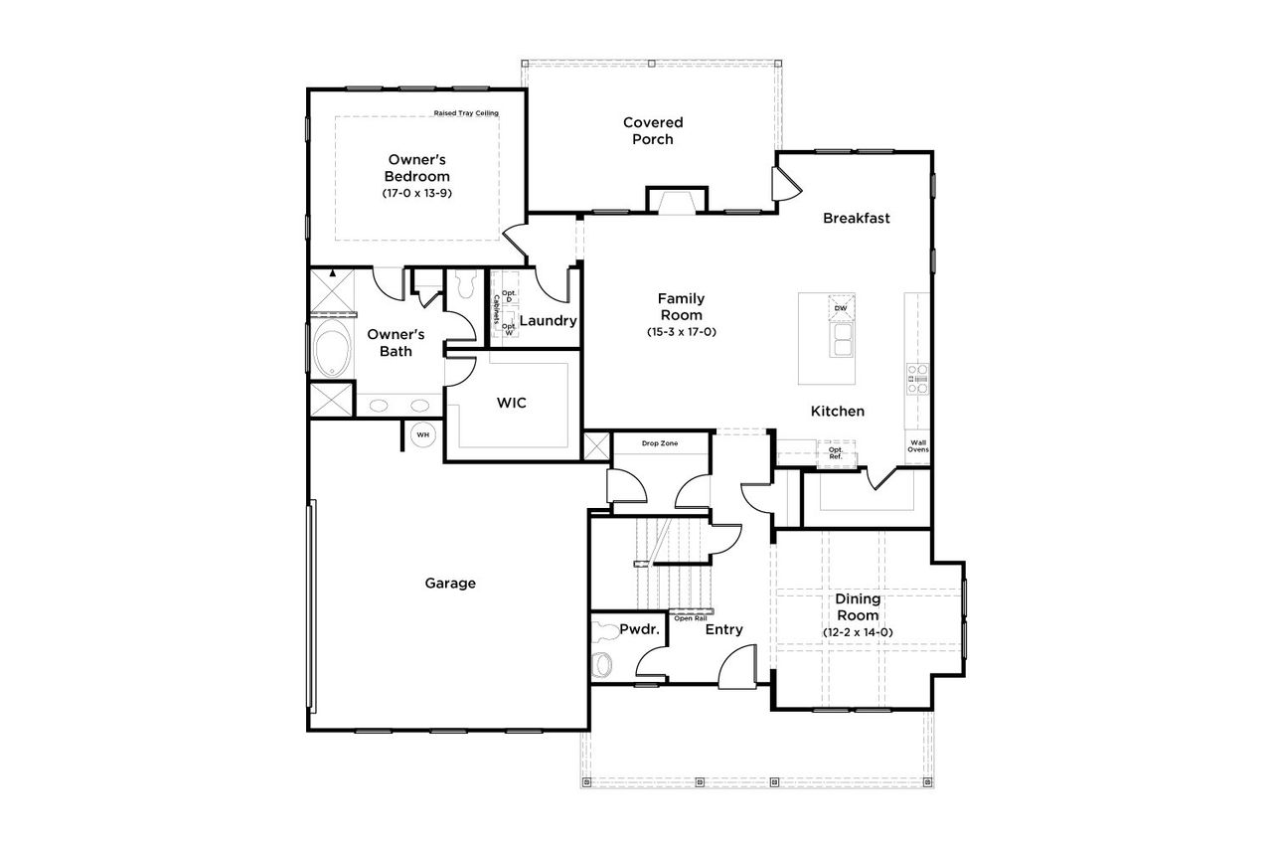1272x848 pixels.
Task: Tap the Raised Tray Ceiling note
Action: click(x=465, y=113)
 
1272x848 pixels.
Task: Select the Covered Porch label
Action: click(x=653, y=130)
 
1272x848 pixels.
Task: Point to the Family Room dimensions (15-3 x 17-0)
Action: click(x=681, y=332)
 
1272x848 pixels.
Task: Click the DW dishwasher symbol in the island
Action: click(x=841, y=308)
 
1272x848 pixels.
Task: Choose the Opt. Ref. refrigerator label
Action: click(x=836, y=452)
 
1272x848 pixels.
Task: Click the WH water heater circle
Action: click(x=422, y=434)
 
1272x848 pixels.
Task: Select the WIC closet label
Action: click(x=511, y=403)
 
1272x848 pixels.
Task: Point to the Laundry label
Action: click(x=548, y=321)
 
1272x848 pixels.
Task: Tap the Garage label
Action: click(x=450, y=584)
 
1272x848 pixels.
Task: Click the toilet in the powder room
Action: click(x=603, y=662)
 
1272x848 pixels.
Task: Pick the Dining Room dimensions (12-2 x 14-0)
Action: click(x=858, y=632)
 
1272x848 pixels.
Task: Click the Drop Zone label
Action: click(x=659, y=442)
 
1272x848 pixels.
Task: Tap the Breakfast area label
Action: click(x=856, y=218)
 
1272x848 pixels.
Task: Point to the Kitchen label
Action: click(x=837, y=411)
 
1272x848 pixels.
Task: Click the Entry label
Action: click(x=723, y=629)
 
